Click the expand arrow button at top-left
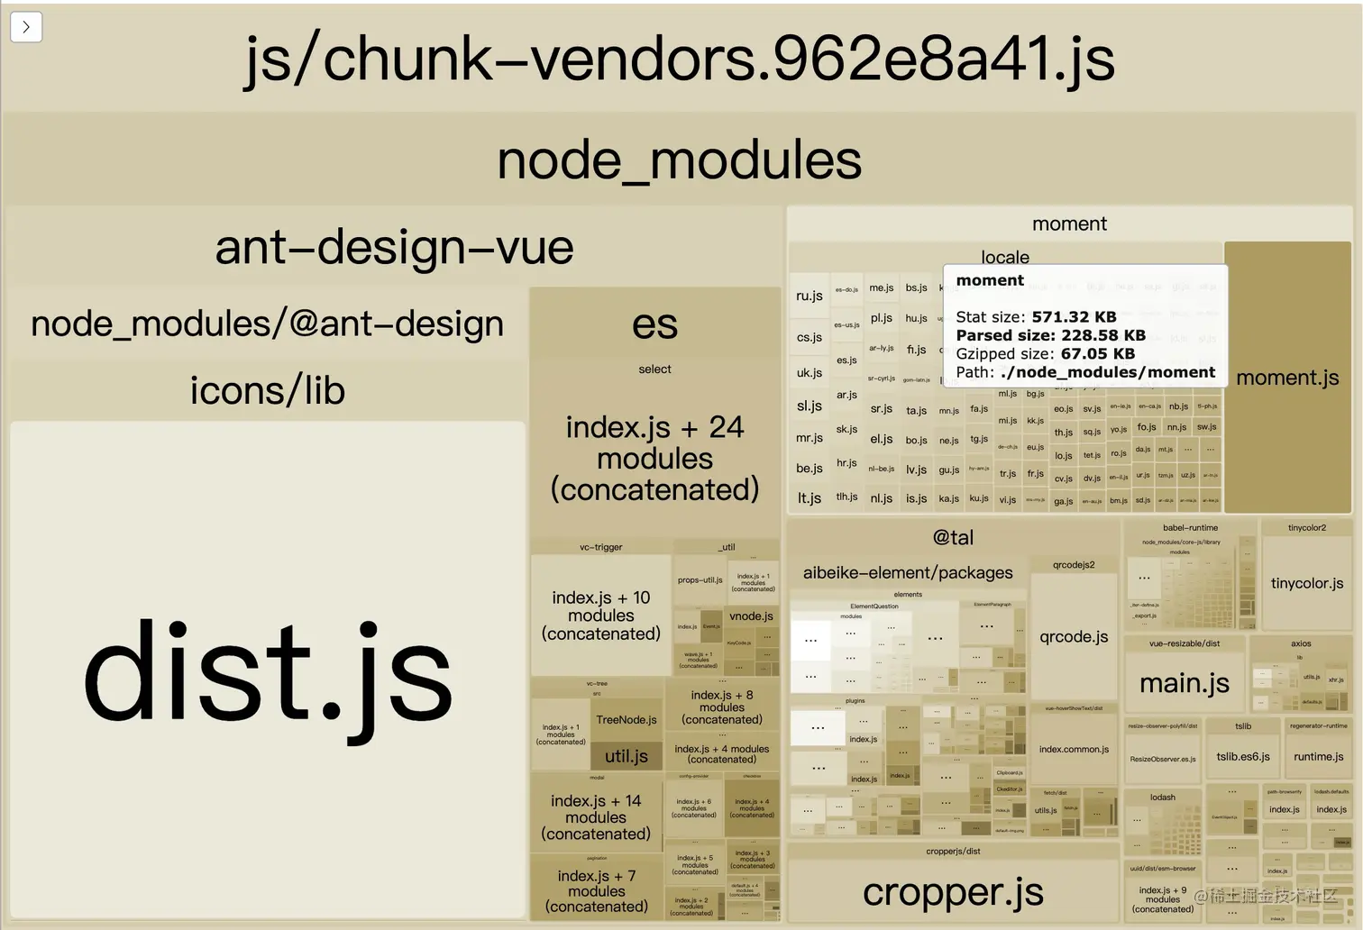pyautogui.click(x=26, y=27)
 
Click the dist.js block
pyautogui.click(x=268, y=671)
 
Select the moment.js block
pyautogui.click(x=1287, y=378)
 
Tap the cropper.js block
pyautogui.click(x=953, y=891)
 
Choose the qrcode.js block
pyautogui.click(x=1074, y=636)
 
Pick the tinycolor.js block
pyautogui.click(x=1306, y=583)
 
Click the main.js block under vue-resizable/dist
pyautogui.click(x=1184, y=683)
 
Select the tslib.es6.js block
pyautogui.click(x=1242, y=757)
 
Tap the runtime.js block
pyautogui.click(x=1318, y=757)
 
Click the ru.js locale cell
pyautogui.click(x=810, y=296)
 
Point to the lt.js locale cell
pyautogui.click(x=810, y=497)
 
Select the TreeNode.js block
pyautogui.click(x=626, y=720)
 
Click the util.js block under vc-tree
pyautogui.click(x=626, y=756)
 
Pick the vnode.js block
pyautogui.click(x=751, y=616)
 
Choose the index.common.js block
pyautogui.click(x=1074, y=749)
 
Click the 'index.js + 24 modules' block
pyautogui.click(x=654, y=458)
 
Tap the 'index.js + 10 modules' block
pyautogui.click(x=600, y=615)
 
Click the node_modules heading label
pyautogui.click(x=680, y=160)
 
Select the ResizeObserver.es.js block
pyautogui.click(x=1162, y=759)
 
